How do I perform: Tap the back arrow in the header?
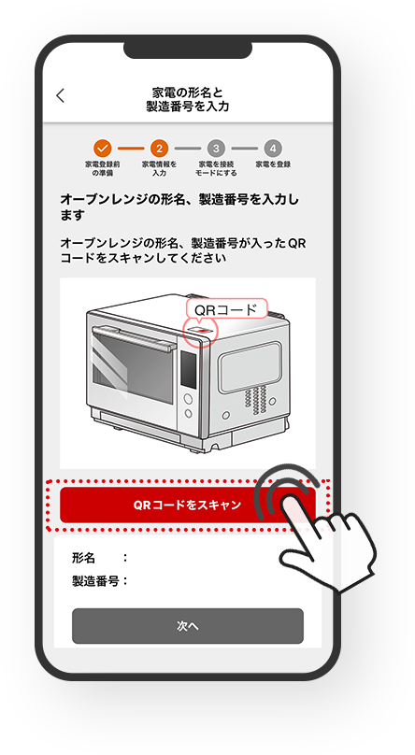60,95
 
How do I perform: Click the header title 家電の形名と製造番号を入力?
188,99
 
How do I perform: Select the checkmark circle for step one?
103,149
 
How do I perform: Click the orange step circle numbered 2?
159,149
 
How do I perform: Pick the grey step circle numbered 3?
216,149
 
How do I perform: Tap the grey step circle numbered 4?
273,149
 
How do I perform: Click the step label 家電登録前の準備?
103,168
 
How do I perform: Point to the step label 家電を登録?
273,164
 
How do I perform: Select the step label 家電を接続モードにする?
216,168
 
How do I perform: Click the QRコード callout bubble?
226,309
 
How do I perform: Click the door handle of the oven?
133,336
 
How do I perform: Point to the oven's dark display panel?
188,368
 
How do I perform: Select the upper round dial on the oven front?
188,399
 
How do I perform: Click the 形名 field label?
84,558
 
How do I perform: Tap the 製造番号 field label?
95,581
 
